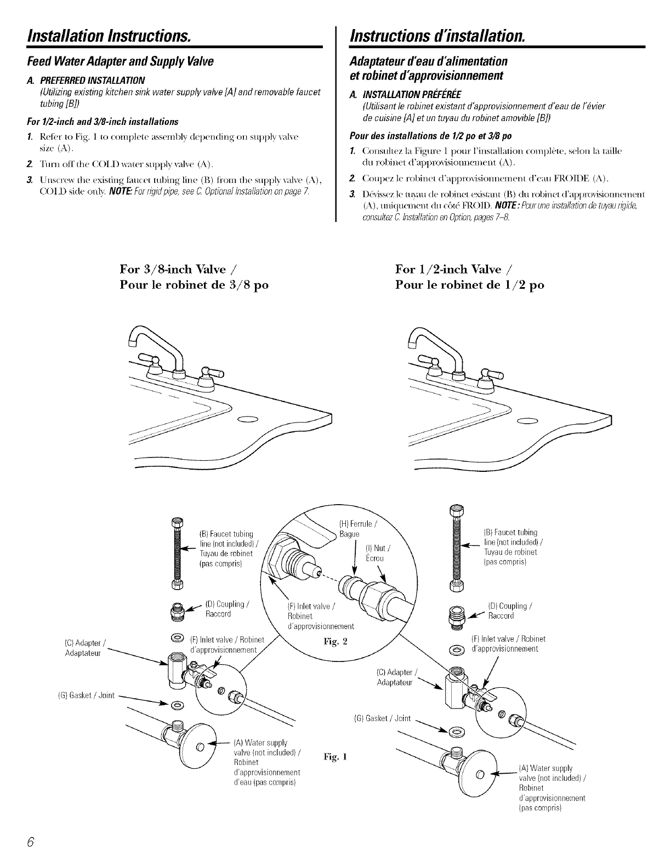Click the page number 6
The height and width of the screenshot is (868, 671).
[x=32, y=842]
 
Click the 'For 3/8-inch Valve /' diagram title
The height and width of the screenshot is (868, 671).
[x=178, y=269]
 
